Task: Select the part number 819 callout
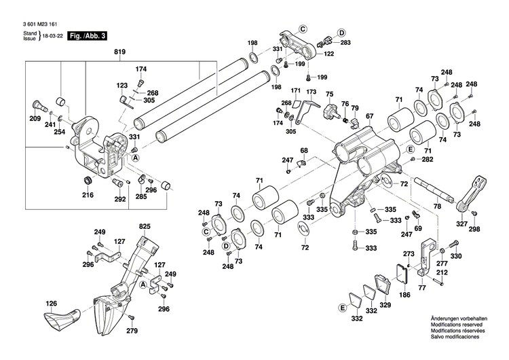pyautogui.click(x=120, y=52)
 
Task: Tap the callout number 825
pyautogui.click(x=145, y=226)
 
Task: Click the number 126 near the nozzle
pyautogui.click(x=51, y=304)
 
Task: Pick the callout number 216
pyautogui.click(x=88, y=196)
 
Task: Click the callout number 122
pyautogui.click(x=329, y=54)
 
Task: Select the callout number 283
pyautogui.click(x=345, y=43)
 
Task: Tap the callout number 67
pyautogui.click(x=370, y=117)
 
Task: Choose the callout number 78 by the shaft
pyautogui.click(x=438, y=206)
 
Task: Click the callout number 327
pyautogui.click(x=461, y=223)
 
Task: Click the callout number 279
pyautogui.click(x=132, y=331)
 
